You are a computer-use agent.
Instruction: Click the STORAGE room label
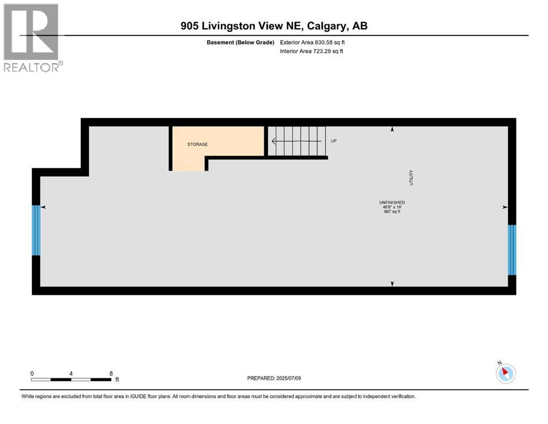tap(198, 145)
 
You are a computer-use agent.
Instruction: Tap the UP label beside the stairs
tap(333, 141)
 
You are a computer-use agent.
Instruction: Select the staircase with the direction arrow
tap(296, 141)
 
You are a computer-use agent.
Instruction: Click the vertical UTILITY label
tap(411, 177)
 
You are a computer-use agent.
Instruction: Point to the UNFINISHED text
tap(392, 203)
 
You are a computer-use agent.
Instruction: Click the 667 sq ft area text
tap(392, 211)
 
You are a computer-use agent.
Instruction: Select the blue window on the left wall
tap(36, 230)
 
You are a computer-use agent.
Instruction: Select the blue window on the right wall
tap(512, 250)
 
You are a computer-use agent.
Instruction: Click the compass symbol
tap(506, 373)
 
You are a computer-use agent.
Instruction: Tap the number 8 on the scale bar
tap(111, 373)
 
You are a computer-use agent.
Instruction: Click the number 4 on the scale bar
tap(71, 373)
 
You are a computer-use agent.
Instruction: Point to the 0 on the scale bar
tap(32, 373)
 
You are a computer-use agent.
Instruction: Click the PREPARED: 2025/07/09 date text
tap(274, 378)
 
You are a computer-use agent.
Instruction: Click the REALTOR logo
tap(32, 38)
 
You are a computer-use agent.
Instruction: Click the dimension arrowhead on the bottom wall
tap(392, 284)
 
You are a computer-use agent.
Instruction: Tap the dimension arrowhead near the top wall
tap(392, 130)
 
